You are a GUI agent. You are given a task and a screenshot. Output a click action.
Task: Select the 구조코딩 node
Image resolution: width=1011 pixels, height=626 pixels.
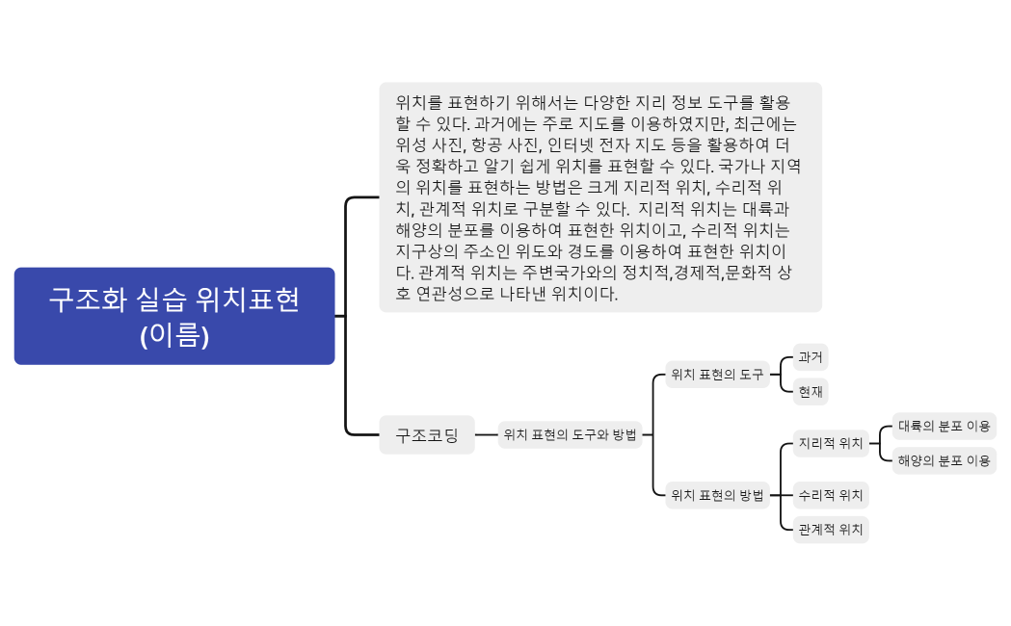(x=426, y=435)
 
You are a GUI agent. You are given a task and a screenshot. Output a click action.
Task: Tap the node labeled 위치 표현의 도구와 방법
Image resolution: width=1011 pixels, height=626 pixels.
(x=570, y=435)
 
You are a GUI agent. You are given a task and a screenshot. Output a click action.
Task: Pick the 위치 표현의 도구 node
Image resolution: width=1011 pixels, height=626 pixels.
(x=716, y=374)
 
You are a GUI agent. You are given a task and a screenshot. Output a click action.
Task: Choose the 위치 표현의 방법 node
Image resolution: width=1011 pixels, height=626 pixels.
(x=716, y=495)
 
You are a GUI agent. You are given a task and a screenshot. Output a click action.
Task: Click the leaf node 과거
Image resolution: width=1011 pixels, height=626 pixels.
(x=810, y=357)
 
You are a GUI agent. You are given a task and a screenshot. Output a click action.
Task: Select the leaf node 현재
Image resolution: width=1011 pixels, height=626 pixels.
(x=810, y=391)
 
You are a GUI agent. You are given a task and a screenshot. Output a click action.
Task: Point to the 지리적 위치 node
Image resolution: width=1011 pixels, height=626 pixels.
(x=830, y=444)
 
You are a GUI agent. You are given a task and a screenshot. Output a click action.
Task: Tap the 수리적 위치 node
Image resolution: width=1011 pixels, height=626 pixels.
(x=830, y=496)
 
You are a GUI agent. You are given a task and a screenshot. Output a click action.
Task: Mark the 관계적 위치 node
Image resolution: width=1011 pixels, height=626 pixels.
(x=830, y=530)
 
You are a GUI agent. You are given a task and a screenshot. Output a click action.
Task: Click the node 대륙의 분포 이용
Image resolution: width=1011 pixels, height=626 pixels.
(x=944, y=426)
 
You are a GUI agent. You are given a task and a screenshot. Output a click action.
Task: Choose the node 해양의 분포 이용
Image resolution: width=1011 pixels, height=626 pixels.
(x=944, y=460)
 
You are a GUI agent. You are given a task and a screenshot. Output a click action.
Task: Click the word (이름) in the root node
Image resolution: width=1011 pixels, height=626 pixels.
(x=174, y=335)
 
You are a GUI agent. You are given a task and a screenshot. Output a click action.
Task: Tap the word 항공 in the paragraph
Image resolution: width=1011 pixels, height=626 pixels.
(x=490, y=144)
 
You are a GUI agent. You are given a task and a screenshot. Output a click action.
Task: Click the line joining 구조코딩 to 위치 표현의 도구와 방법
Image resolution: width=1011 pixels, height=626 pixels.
(x=487, y=435)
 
